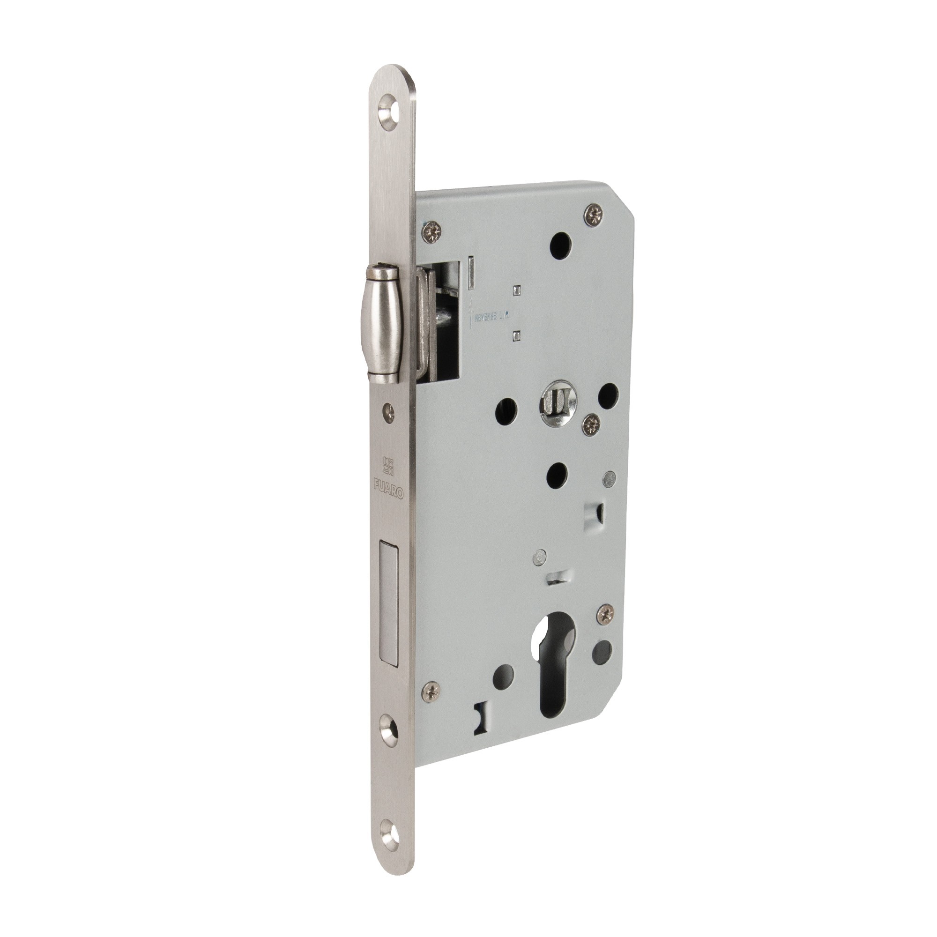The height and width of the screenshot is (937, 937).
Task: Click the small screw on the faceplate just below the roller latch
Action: [389, 410]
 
